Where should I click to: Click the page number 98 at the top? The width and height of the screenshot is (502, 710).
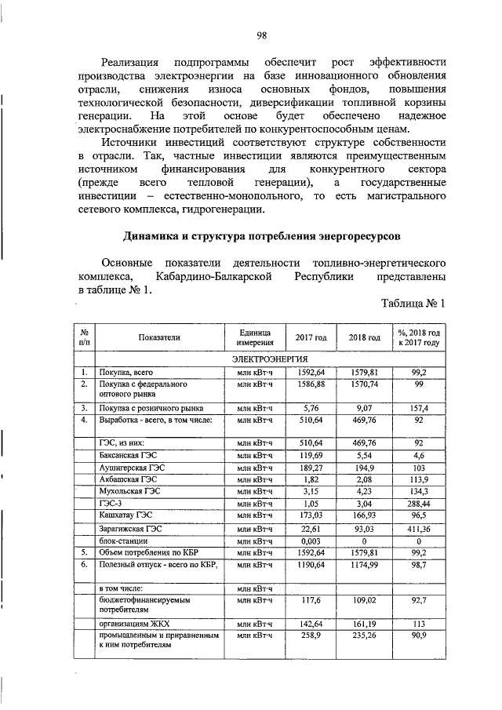(262, 35)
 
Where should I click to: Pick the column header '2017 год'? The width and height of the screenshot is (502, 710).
(311, 337)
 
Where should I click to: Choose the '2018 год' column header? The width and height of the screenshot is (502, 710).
(364, 337)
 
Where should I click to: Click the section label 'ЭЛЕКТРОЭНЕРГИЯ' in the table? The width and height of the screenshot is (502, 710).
(268, 358)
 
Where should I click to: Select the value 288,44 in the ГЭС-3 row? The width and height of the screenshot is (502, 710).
(419, 503)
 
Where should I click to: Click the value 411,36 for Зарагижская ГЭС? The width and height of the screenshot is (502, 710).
(419, 527)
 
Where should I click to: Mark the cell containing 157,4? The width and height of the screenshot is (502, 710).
(419, 409)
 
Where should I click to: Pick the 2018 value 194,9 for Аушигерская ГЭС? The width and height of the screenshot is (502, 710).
(364, 467)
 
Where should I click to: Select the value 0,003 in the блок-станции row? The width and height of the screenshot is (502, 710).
(311, 540)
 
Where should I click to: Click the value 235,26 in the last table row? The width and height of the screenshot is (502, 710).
(364, 635)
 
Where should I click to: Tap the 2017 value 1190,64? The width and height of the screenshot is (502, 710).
(311, 563)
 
